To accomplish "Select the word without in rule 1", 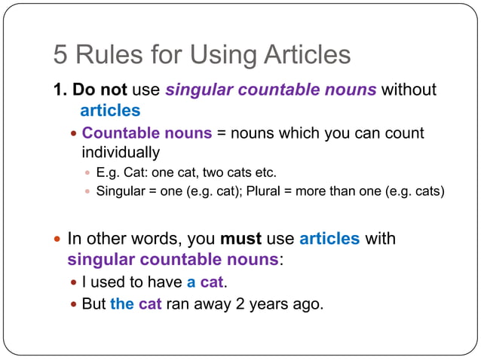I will click(409, 90).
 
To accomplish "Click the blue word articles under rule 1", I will click(110, 110).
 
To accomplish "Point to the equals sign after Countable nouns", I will click(221, 133).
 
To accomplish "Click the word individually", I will click(121, 152).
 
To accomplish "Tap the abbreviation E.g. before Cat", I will click(108, 172).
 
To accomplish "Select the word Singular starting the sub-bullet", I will click(121, 191).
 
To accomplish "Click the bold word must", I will click(240, 239).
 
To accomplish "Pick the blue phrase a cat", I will click(207, 282).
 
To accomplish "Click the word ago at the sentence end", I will click(308, 306).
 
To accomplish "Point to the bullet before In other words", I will click(58, 239).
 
